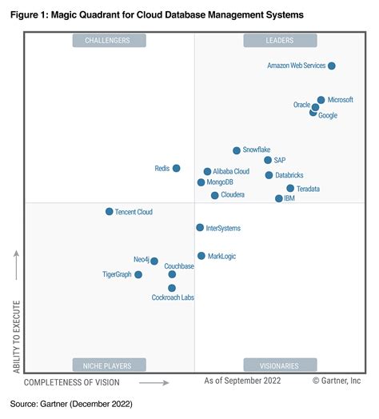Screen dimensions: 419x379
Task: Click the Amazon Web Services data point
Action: coord(332,66)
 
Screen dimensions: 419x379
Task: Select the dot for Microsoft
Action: coord(321,100)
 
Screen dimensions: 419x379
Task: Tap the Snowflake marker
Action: coord(237,150)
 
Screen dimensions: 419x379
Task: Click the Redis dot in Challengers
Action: coord(176,168)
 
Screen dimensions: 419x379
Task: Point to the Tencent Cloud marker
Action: coord(110,212)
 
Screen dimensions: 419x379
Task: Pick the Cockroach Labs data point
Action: coord(172,288)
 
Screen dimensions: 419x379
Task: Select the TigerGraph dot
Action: coord(138,274)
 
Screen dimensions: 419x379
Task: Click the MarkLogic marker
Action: coord(201,256)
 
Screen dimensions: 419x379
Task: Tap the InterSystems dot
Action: coord(200,228)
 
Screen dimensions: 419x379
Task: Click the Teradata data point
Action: coord(290,189)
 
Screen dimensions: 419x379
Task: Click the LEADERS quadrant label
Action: coord(279,40)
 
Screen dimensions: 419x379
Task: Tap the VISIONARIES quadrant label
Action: coord(279,365)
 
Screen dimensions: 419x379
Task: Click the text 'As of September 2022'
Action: coord(243,382)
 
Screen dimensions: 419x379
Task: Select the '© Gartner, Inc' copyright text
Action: coord(337,382)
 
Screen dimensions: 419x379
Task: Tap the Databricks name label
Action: coord(288,175)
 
